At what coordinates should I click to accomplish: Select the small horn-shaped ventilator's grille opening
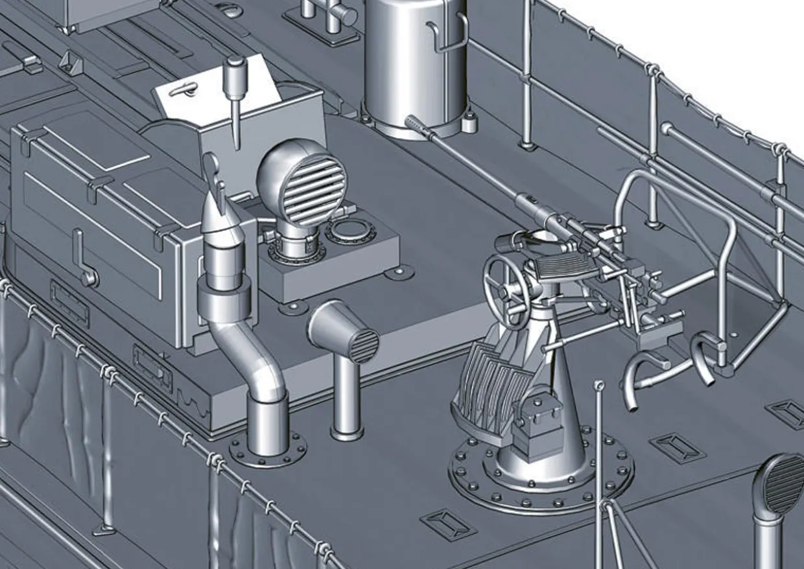(364, 345)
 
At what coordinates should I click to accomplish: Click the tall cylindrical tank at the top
(415, 65)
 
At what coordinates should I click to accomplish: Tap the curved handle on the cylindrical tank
(447, 36)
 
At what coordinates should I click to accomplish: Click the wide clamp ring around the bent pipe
(225, 299)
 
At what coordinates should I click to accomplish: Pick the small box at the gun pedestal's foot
(538, 421)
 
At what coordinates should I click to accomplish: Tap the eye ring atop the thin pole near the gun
(599, 386)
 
